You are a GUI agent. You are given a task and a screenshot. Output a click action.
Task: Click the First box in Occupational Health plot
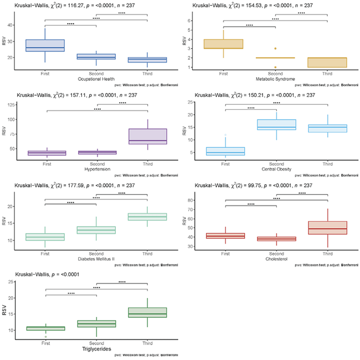tap(45, 46)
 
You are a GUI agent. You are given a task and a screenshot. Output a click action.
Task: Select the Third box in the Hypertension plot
tap(148, 136)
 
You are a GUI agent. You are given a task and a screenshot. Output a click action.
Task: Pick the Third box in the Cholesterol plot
tap(327, 228)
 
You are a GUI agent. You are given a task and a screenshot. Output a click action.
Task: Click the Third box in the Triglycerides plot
tap(148, 312)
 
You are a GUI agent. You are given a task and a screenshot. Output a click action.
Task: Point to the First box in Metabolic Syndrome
tap(224, 44)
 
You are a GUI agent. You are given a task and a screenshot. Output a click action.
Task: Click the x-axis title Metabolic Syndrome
tap(275, 78)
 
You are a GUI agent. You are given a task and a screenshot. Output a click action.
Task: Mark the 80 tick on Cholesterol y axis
tap(192, 200)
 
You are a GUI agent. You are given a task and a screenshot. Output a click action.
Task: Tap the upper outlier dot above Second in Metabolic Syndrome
tap(275, 49)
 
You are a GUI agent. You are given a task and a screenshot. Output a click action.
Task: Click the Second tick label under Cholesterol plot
tap(275, 253)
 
